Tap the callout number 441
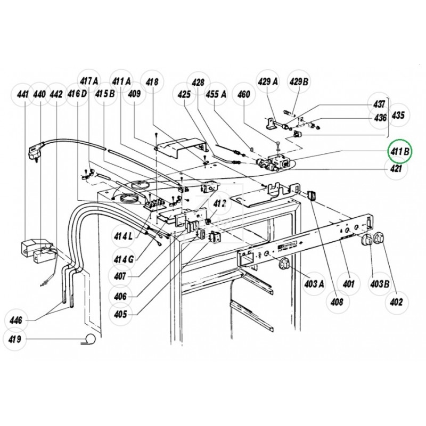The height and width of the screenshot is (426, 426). pos(22,94)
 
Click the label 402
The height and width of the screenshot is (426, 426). pos(396,302)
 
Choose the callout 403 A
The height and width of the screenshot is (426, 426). pos(314,284)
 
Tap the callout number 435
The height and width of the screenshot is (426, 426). pos(398,114)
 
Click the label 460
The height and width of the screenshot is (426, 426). pos(243,94)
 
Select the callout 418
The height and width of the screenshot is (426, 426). pos(152,81)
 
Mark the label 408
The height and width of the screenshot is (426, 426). pos(336,301)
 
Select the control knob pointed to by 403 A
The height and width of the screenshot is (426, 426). pos(285,263)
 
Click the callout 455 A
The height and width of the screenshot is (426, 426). pos(217,94)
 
